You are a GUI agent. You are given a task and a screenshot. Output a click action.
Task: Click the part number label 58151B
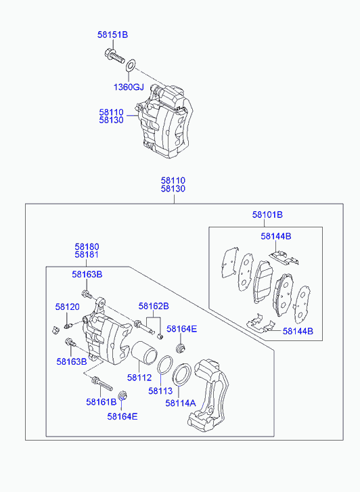coord(113,35)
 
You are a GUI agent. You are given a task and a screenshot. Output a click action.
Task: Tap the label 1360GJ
coord(129,87)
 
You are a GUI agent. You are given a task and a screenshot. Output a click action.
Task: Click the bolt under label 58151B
coord(114,56)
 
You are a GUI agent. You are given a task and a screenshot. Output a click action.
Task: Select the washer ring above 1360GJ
coord(131,66)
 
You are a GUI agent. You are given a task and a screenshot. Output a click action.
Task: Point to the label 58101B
coord(267,215)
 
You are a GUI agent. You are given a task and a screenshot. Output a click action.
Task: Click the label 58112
coord(139,378)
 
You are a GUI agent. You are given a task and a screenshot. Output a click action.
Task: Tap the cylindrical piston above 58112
coord(143,353)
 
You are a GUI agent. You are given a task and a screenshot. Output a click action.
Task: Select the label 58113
coord(160,390)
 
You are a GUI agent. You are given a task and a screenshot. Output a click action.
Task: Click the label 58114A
coord(181,403)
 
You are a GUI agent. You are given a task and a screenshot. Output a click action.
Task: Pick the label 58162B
coord(154,306)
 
